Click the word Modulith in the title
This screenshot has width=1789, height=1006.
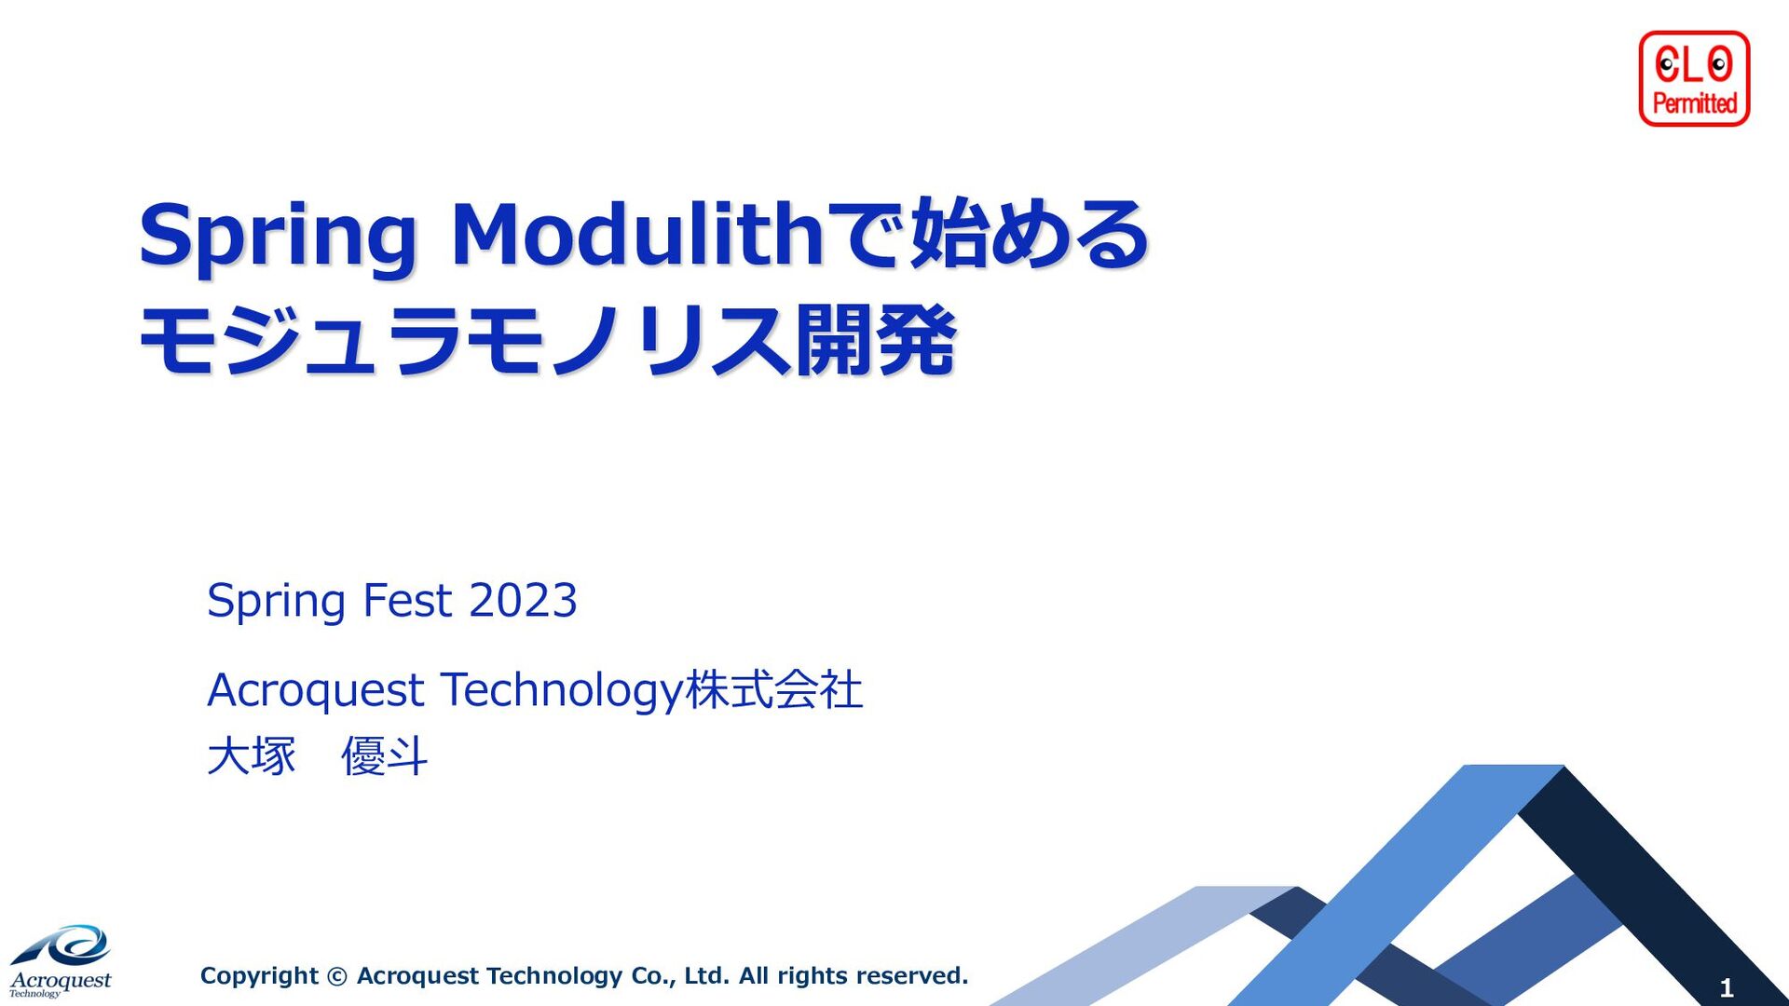click(636, 235)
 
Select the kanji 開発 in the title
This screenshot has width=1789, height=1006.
click(875, 341)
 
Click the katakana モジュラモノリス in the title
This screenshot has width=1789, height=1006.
click(465, 341)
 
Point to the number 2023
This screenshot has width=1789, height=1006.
click(523, 600)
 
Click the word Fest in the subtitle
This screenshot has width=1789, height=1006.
click(407, 600)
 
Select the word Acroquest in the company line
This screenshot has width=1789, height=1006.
click(316, 691)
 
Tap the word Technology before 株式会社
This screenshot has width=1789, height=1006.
click(562, 691)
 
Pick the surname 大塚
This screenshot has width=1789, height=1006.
click(252, 755)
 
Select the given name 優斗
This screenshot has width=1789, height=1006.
click(384, 755)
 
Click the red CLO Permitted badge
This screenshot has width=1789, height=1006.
click(1694, 78)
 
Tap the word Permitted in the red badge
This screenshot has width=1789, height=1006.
click(1695, 102)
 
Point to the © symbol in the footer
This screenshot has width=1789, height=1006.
click(337, 976)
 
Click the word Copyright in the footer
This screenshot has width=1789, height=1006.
click(259, 976)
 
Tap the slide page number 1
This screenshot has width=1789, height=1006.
click(1726, 987)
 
